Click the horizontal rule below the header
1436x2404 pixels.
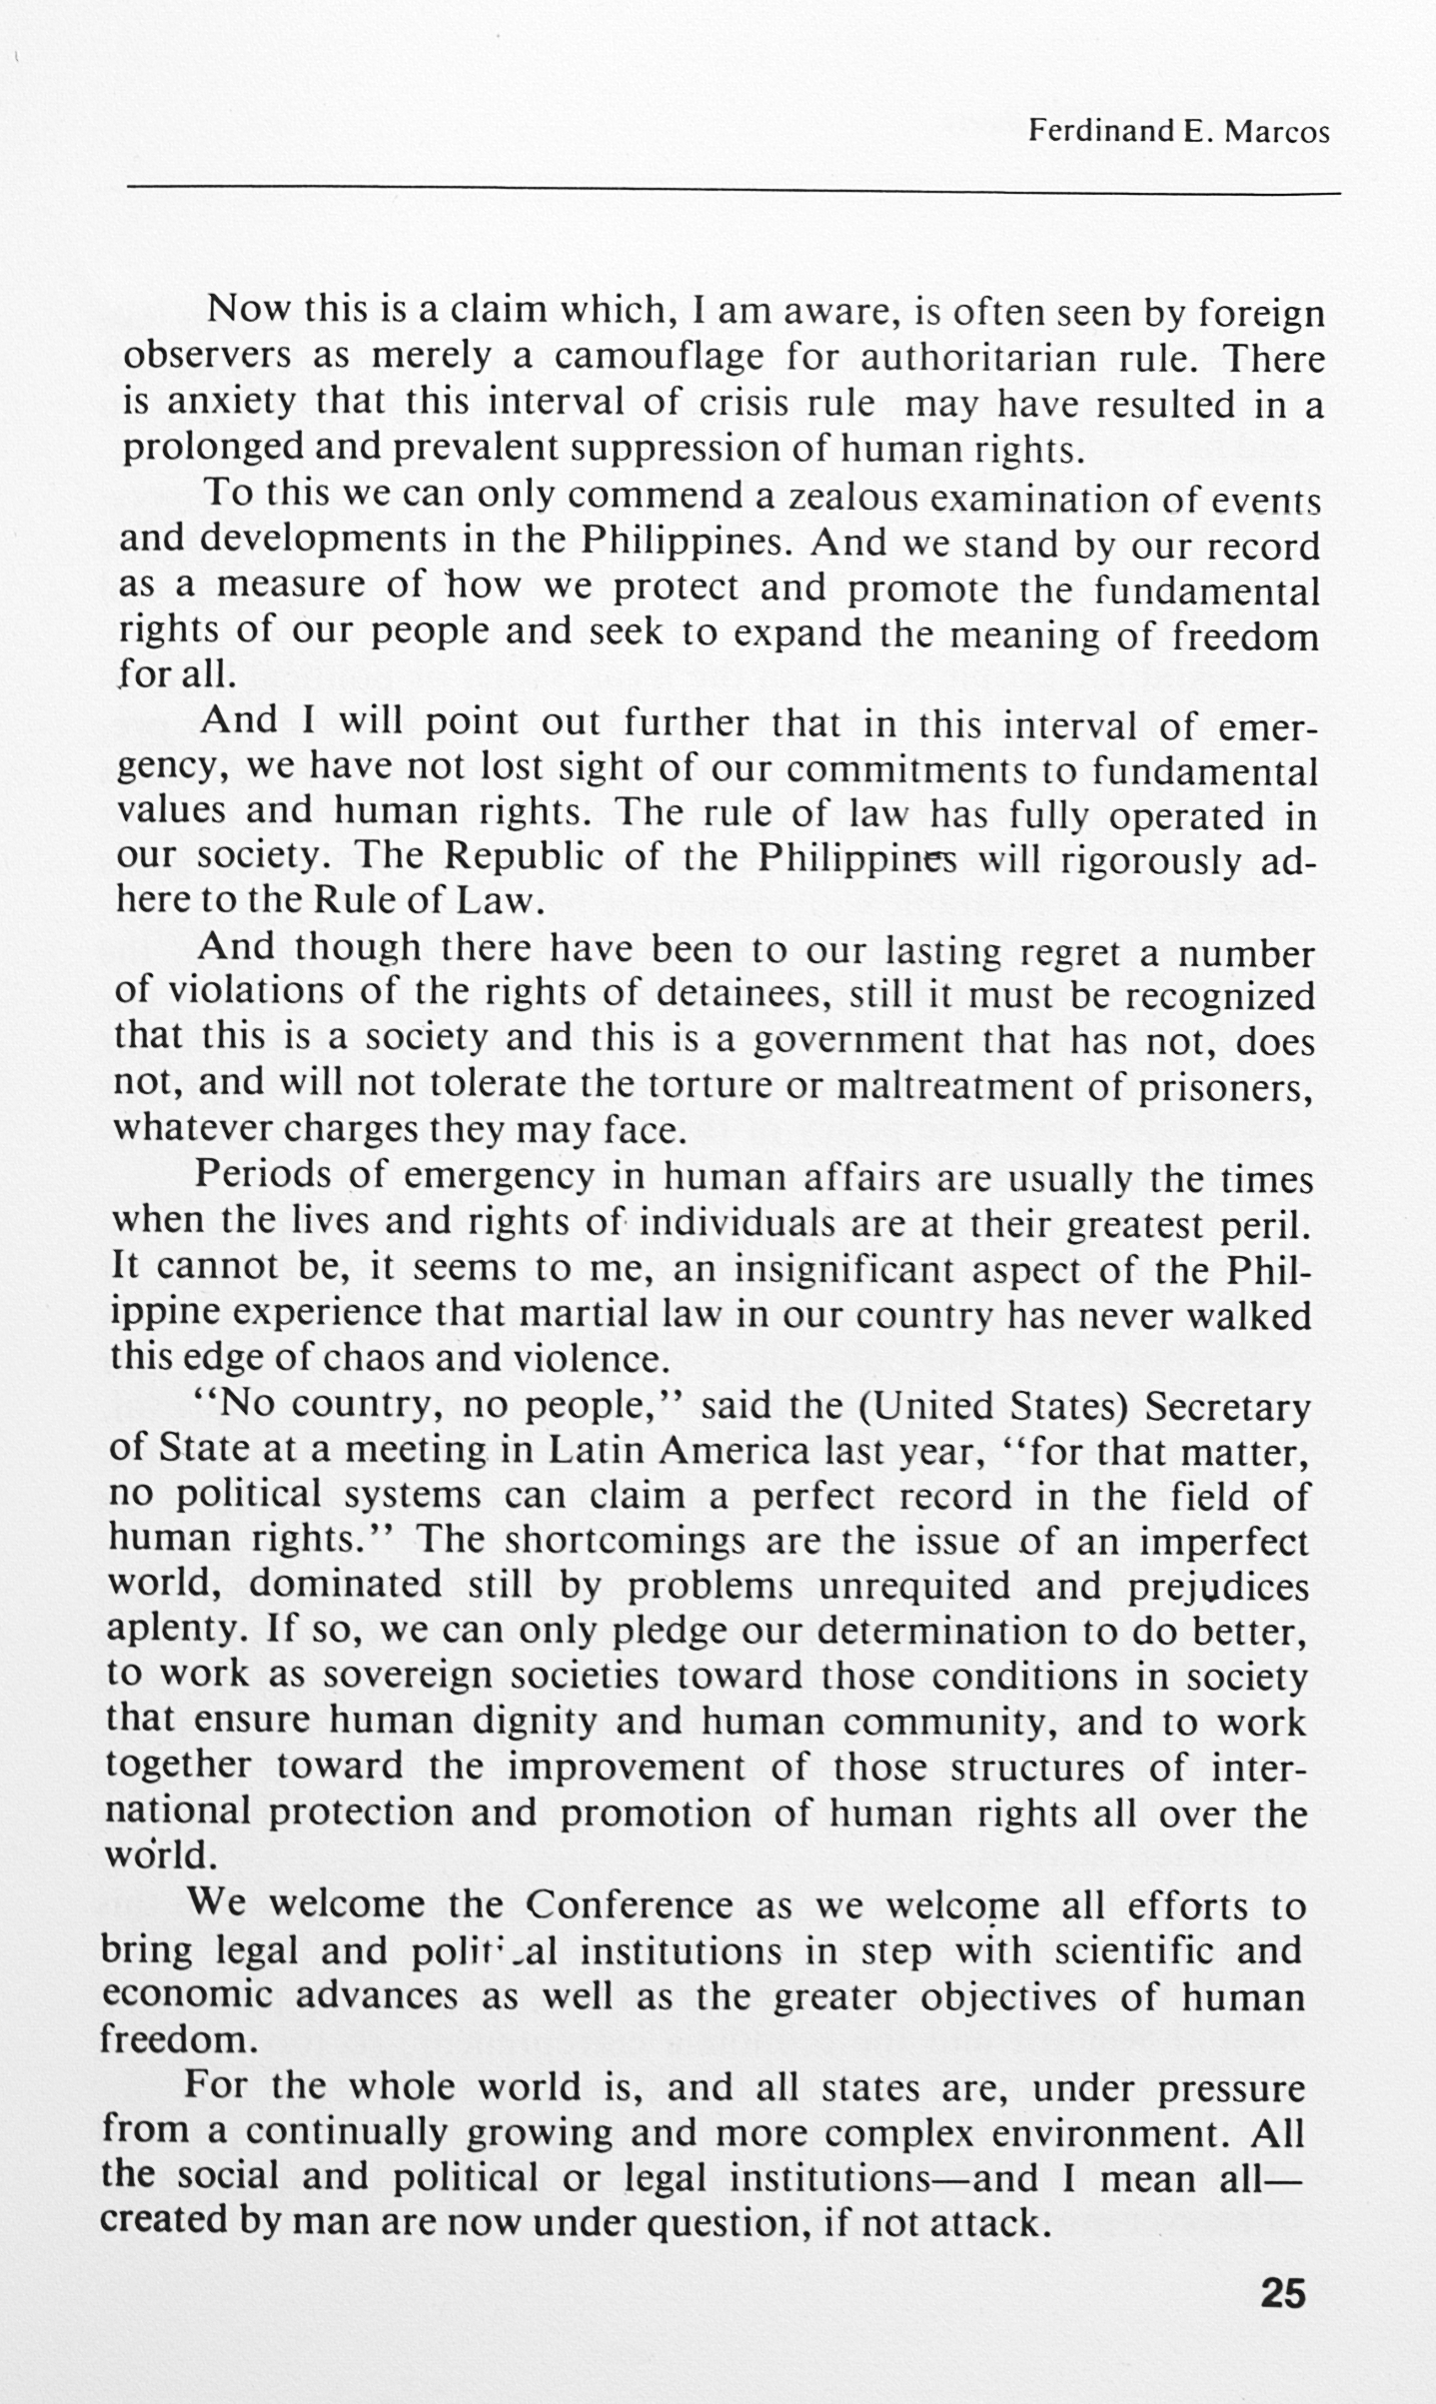coord(733,188)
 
